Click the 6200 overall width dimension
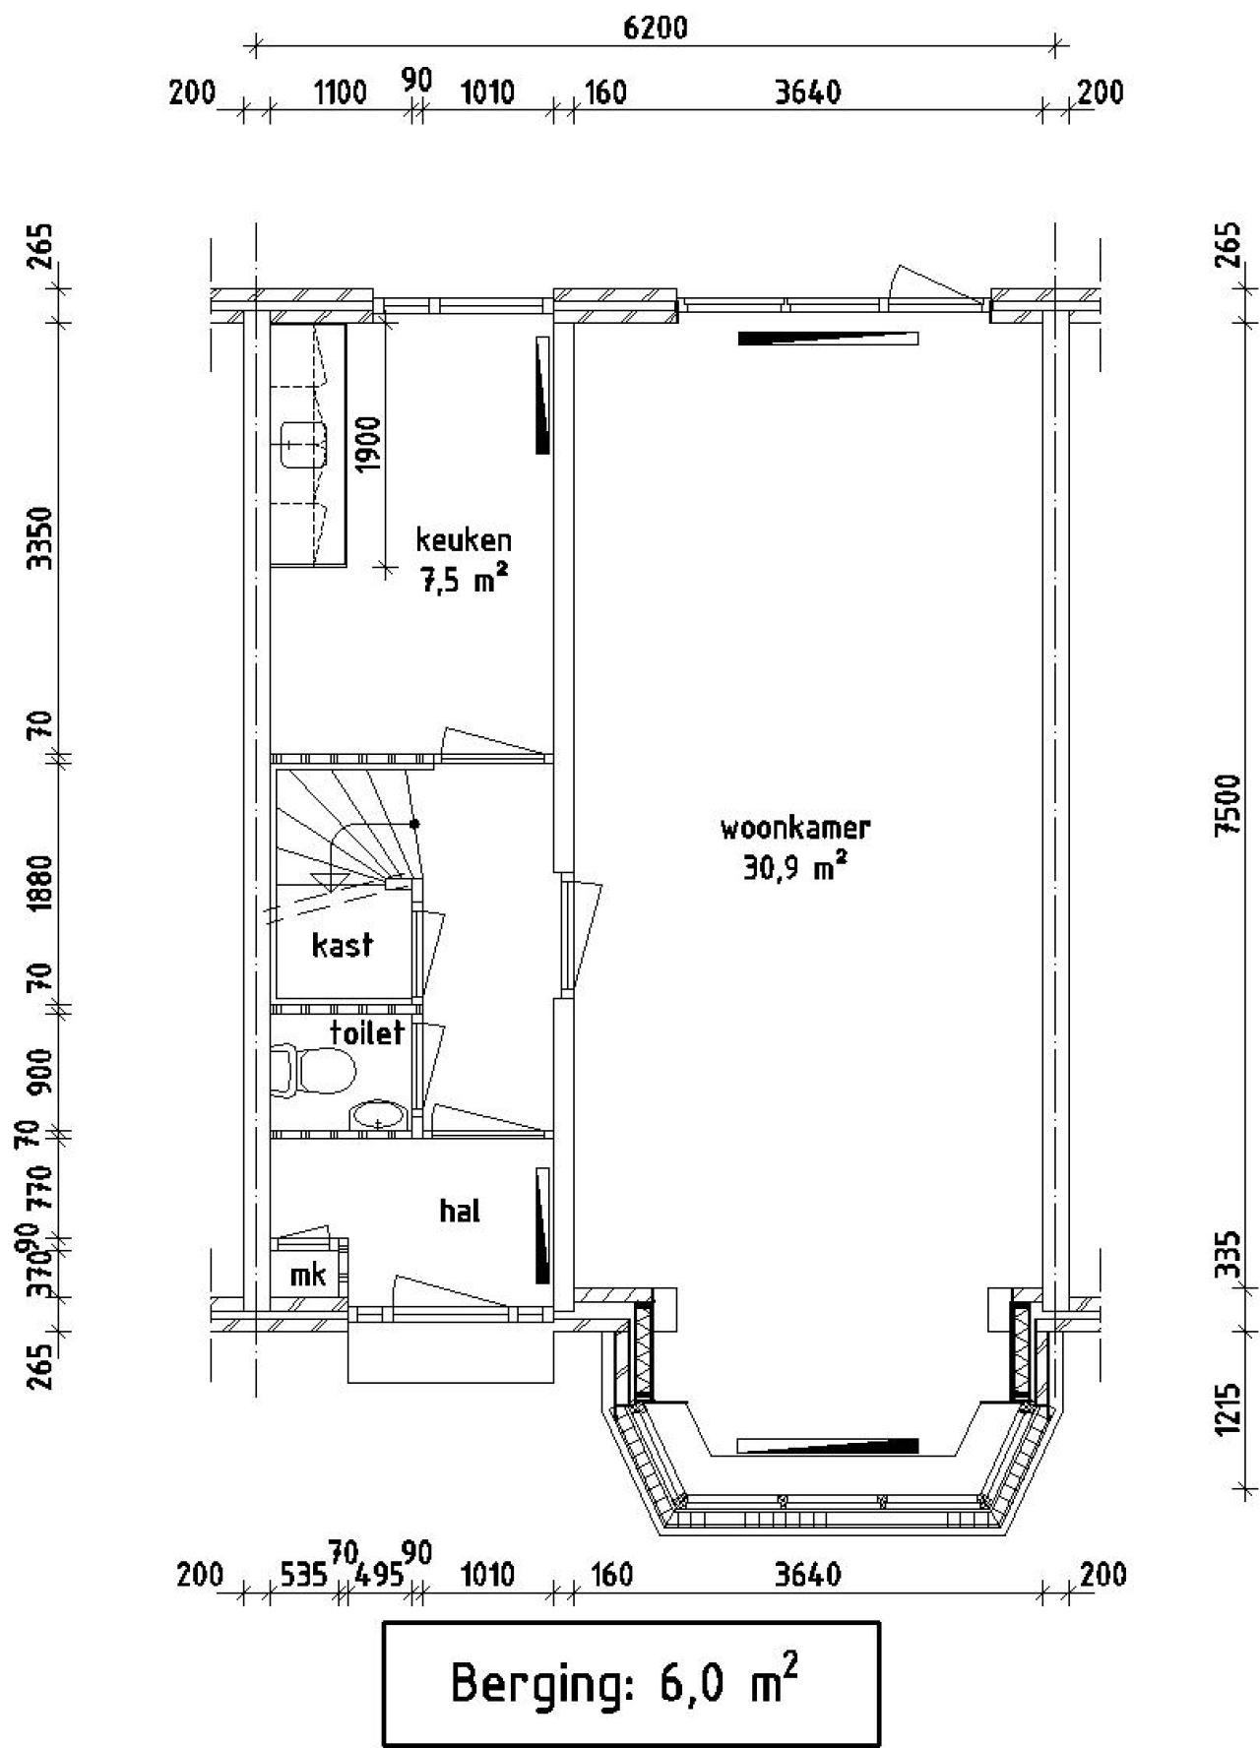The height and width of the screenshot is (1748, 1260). [x=656, y=27]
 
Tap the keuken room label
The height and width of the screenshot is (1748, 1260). [x=464, y=539]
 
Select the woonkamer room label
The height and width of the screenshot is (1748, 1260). [x=795, y=827]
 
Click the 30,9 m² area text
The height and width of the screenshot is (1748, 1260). [x=795, y=869]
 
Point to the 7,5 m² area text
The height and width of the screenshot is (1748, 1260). [x=464, y=581]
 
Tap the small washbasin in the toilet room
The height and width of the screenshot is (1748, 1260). [x=377, y=1115]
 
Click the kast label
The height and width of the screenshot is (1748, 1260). [x=342, y=945]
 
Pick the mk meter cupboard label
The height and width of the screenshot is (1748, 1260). [x=307, y=1275]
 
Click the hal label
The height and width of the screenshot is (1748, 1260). [x=460, y=1210]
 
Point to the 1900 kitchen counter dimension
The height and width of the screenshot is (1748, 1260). [x=367, y=444]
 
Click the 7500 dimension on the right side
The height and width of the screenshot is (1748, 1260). [x=1227, y=805]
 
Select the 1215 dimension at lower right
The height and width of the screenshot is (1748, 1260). [x=1227, y=1409]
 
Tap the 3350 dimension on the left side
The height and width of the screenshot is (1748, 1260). [x=38, y=537]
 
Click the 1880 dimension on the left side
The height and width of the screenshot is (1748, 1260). [x=38, y=883]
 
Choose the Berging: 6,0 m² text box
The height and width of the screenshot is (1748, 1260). [x=630, y=1683]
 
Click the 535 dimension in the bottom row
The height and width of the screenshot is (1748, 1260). [x=302, y=1576]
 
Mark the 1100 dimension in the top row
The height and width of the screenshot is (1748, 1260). [x=340, y=93]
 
